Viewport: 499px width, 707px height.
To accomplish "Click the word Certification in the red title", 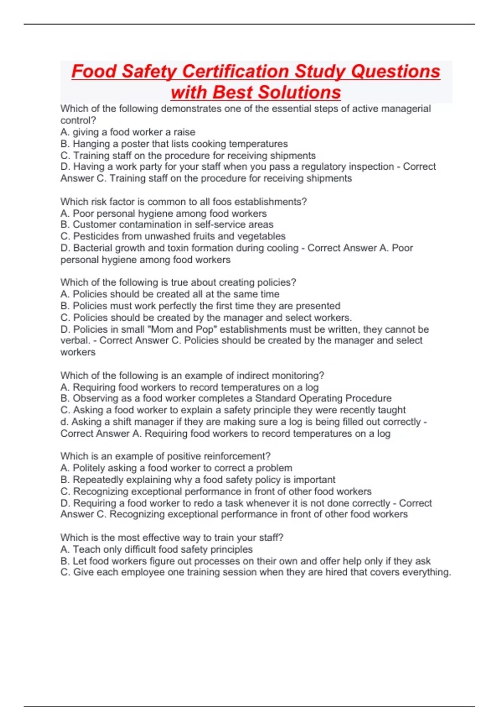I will point(236,72).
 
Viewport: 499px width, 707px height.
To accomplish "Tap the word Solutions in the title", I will point(298,92).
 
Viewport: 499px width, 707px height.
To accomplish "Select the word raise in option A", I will point(184,132).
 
